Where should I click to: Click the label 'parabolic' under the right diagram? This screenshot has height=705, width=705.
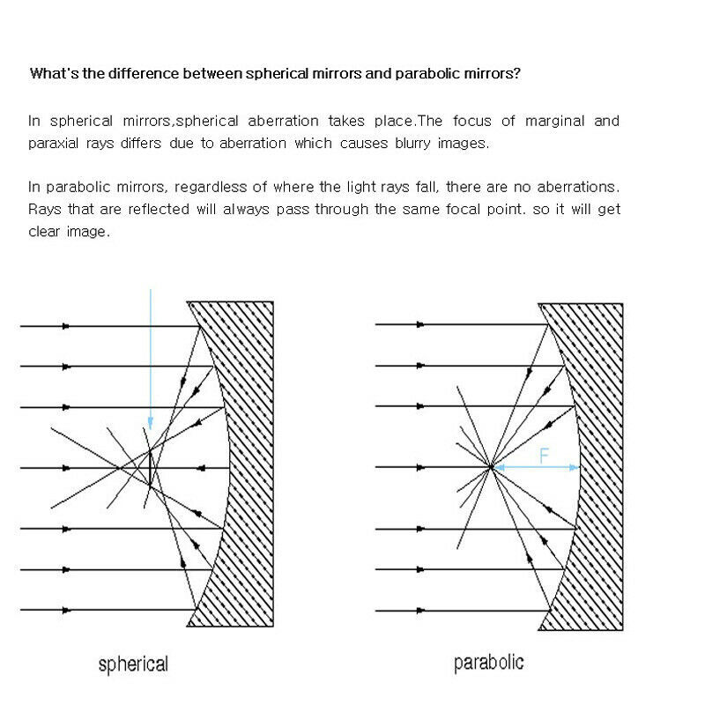[488, 662]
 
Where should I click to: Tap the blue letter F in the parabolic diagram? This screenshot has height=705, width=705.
[544, 455]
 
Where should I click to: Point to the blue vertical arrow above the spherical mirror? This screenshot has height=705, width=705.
[151, 352]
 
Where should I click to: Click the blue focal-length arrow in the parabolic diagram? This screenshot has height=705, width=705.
[534, 468]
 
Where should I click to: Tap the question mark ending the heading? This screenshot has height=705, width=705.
[516, 73]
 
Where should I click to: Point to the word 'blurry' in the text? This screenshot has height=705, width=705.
[407, 143]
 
